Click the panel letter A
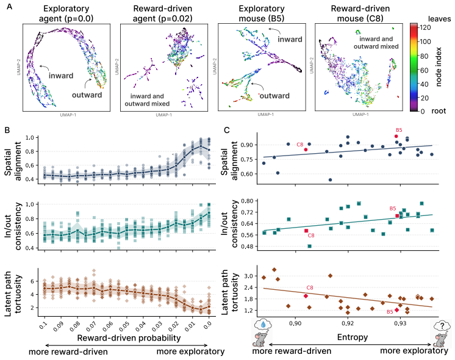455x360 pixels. click(10, 6)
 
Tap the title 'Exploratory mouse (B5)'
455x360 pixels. click(262, 13)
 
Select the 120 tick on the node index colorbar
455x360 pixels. click(426, 27)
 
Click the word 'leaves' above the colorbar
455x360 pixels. click(439, 19)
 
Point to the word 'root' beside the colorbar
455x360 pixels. click(439, 111)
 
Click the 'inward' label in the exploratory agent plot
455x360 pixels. click(61, 76)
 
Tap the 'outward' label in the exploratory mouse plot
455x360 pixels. click(274, 96)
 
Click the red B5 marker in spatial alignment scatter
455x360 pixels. click(396, 136)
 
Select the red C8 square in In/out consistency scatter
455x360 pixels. click(306, 231)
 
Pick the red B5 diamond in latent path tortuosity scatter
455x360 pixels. click(396, 310)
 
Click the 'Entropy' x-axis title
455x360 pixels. click(353, 337)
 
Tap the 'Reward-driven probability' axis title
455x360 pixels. click(129, 338)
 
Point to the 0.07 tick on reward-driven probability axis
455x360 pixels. click(91, 326)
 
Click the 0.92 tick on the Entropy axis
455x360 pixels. click(348, 323)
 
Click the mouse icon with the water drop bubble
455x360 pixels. click(262, 333)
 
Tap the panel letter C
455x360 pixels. click(227, 130)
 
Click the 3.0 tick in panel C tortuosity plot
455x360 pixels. click(248, 276)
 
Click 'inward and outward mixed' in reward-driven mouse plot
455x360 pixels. click(376, 43)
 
